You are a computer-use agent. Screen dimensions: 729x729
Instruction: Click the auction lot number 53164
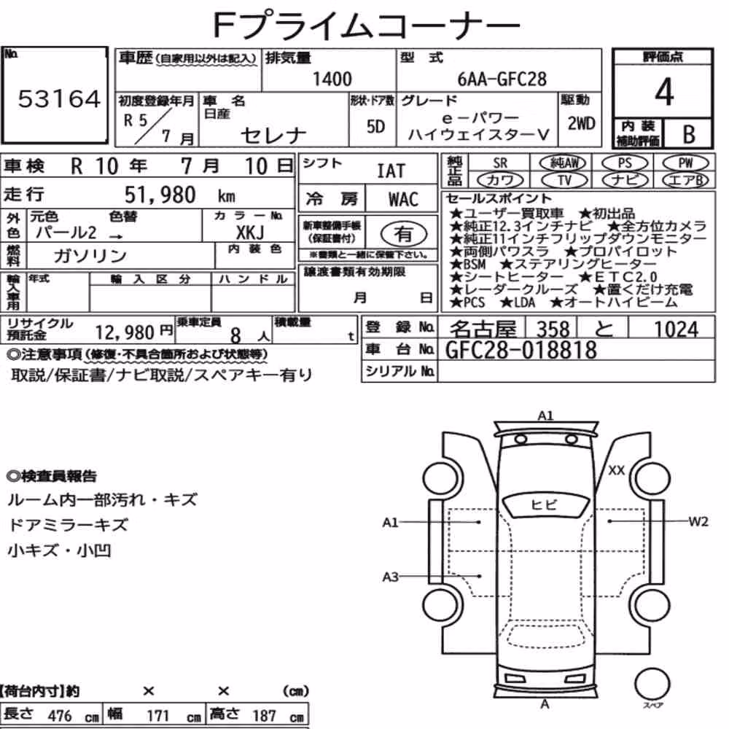pos(59,99)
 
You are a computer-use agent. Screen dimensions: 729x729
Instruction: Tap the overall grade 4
pos(664,92)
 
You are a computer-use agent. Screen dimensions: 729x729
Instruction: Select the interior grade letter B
pos(689,134)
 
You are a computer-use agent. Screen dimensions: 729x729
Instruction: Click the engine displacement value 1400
pos(332,79)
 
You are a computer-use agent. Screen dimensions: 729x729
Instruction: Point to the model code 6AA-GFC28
pos(502,79)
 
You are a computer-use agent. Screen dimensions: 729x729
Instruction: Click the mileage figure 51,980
pos(160,195)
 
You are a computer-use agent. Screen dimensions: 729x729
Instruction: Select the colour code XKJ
pos(250,232)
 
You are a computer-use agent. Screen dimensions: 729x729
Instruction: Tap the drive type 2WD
pos(581,124)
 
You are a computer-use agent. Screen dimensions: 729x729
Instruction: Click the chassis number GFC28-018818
pos(521,350)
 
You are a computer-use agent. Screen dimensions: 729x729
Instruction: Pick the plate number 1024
pos(676,330)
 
